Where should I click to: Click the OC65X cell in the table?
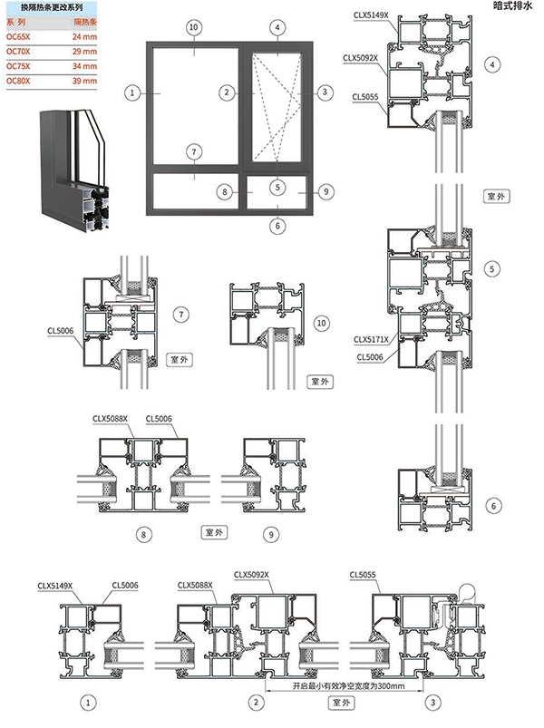click(x=18, y=35)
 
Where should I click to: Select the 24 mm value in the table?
click(x=84, y=35)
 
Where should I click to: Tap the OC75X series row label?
click(x=18, y=66)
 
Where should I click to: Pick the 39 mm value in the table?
click(x=84, y=82)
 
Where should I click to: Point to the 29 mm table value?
click(x=84, y=51)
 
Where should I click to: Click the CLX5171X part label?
click(x=371, y=340)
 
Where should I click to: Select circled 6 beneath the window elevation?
click(x=277, y=225)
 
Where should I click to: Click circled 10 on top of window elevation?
click(x=192, y=28)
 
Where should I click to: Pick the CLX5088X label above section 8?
click(x=110, y=418)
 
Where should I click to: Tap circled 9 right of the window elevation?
click(x=326, y=191)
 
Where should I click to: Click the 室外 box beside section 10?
click(x=320, y=382)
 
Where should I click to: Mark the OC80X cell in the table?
click(x=18, y=82)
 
